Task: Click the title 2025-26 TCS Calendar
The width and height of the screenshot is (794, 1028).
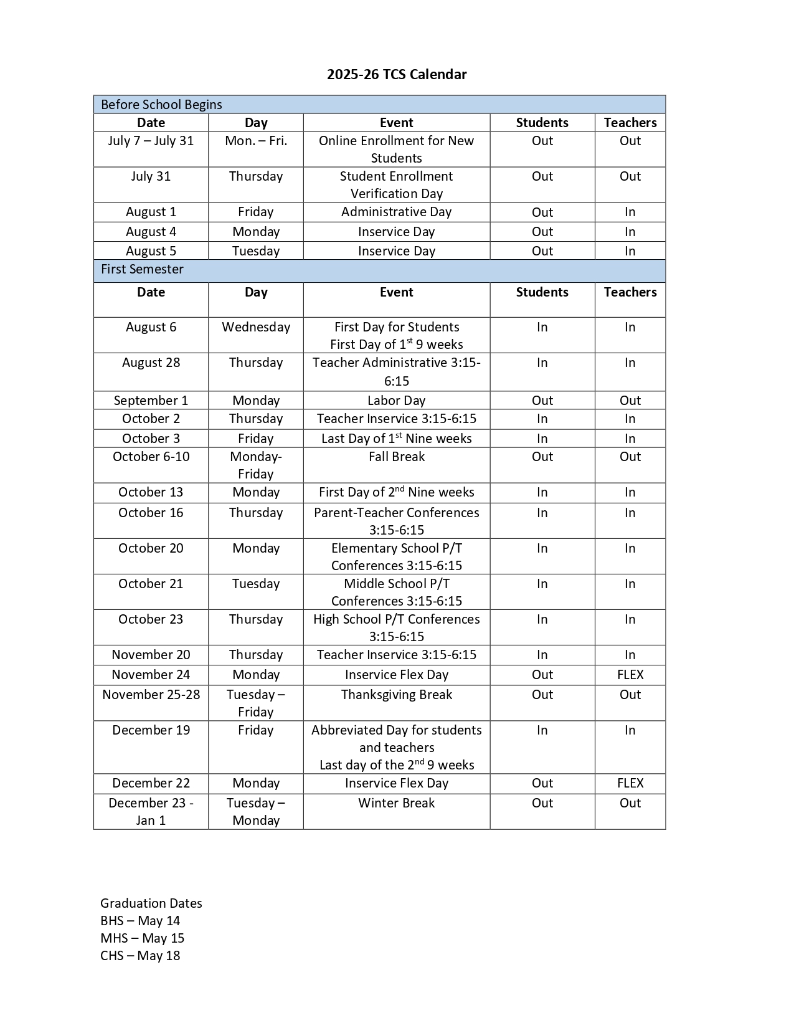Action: (397, 75)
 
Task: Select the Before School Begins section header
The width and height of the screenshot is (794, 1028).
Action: (161, 105)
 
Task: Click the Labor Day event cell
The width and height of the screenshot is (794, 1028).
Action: (396, 401)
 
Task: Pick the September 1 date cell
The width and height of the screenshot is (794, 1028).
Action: (151, 401)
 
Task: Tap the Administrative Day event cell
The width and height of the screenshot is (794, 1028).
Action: (396, 212)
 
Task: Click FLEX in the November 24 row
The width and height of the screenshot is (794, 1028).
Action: (630, 675)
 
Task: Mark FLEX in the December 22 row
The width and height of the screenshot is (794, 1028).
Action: (630, 783)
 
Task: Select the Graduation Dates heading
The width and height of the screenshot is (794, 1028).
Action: (151, 903)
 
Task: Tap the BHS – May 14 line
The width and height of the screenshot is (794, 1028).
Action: (140, 921)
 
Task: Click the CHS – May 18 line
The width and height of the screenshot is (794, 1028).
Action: (140, 956)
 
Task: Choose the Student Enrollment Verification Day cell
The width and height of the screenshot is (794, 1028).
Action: (396, 185)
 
